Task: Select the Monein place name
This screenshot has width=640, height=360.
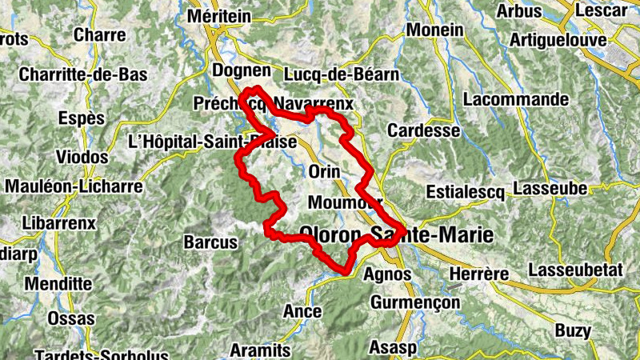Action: pyautogui.click(x=434, y=30)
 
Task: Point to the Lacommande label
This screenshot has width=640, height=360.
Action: pyautogui.click(x=515, y=100)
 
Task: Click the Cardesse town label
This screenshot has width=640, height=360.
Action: pyautogui.click(x=423, y=130)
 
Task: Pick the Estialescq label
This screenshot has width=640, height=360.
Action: pyautogui.click(x=468, y=193)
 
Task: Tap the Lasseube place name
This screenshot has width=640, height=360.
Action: pyautogui.click(x=552, y=189)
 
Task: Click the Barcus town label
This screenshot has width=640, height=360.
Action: pyautogui.click(x=210, y=242)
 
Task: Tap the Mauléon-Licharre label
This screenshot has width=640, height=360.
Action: pyautogui.click(x=74, y=186)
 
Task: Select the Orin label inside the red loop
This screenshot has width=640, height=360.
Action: pyautogui.click(x=324, y=172)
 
